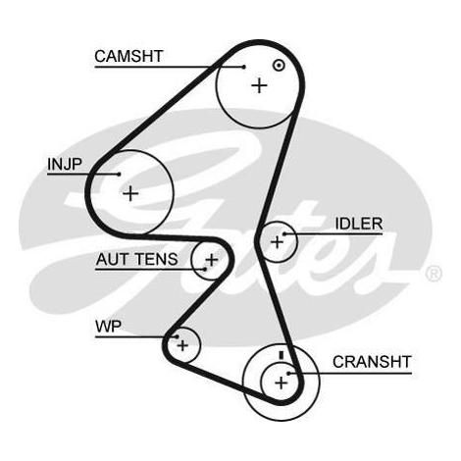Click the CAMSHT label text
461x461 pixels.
coord(128,56)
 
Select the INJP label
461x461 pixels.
coord(65,164)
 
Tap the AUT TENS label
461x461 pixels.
coord(136,259)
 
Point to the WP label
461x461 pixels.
coord(108,327)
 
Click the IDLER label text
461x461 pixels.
coord(359,224)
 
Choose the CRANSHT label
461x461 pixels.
coord(372,362)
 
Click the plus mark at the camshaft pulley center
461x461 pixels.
coord(260,85)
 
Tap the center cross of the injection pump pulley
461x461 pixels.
coord(130,193)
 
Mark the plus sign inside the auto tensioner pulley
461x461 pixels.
coord(212,260)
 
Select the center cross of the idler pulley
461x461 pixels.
coord(278,242)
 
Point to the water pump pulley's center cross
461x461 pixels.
coord(182,345)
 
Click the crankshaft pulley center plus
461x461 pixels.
coord(281,383)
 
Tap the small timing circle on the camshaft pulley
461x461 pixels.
coord(279,66)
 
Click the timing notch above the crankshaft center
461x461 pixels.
coord(282,355)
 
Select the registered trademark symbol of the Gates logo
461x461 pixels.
coord(434,274)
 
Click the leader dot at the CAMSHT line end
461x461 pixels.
coord(244,67)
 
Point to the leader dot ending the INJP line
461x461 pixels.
coord(119,174)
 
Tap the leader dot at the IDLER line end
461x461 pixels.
coord(284,233)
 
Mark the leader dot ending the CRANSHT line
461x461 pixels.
coord(288,373)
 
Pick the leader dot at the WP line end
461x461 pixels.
coord(177,336)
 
